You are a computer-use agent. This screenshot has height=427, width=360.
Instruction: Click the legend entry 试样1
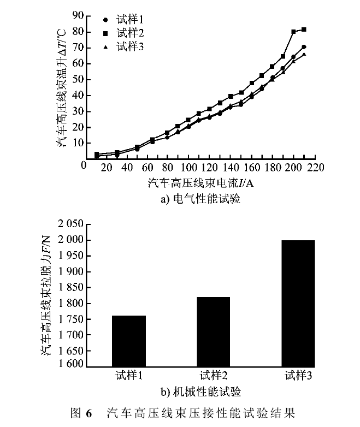129,20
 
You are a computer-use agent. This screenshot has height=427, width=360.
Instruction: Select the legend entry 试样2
129,33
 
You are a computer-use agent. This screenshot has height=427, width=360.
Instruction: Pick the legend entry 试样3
129,46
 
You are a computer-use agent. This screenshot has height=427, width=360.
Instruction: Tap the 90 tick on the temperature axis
76,16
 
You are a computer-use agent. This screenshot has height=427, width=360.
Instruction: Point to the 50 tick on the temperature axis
76,80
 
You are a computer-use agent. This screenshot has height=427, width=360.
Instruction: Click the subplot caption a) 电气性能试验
200,200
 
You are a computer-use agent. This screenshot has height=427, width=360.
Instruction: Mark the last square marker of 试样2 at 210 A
304,29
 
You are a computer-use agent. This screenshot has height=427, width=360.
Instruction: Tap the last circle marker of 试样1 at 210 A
304,47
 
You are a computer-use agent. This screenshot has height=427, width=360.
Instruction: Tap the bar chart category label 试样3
298,376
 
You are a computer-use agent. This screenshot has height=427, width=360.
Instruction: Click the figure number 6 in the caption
86,411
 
